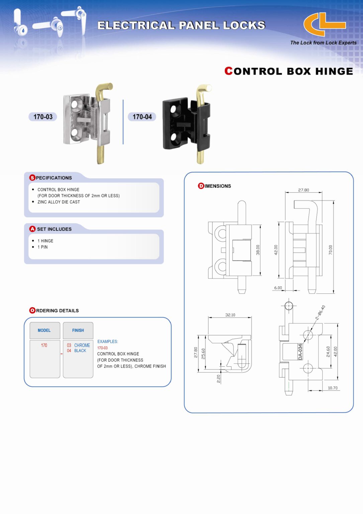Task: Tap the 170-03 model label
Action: pyautogui.click(x=43, y=117)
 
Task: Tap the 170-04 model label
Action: pyautogui.click(x=142, y=117)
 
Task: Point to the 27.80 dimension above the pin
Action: pyautogui.click(x=303, y=190)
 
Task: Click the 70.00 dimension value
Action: pyautogui.click(x=331, y=250)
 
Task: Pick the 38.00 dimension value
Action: pyautogui.click(x=258, y=250)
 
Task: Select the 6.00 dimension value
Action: pyautogui.click(x=278, y=288)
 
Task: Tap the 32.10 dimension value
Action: pyautogui.click(x=230, y=315)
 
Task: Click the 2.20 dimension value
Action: pyautogui.click(x=218, y=379)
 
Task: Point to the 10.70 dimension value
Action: pyautogui.click(x=333, y=388)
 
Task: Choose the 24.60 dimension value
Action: pyautogui.click(x=328, y=351)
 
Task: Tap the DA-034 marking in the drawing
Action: pyautogui.click(x=300, y=352)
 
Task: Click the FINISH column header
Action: pyautogui.click(x=78, y=330)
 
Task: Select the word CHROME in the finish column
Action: pyautogui.click(x=82, y=345)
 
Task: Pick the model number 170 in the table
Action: pyautogui.click(x=44, y=345)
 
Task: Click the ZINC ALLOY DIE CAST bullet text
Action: pyautogui.click(x=59, y=202)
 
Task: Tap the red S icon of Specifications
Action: pyautogui.click(x=32, y=178)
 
